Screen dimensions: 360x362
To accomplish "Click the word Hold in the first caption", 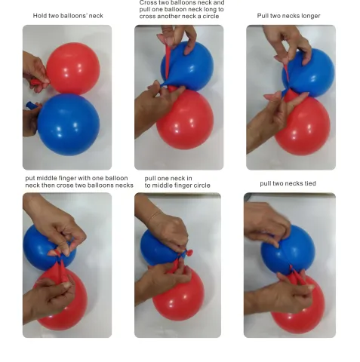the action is point(38,16).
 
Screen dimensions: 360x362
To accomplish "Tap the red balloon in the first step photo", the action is point(73,68).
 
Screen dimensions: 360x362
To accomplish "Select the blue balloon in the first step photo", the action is point(69,124).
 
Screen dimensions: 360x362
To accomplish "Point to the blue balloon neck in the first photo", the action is point(31,105).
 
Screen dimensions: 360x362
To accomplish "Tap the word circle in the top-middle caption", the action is point(211,17).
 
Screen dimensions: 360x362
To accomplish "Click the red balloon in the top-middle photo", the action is point(185,119).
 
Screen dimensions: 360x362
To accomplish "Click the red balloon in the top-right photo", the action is point(303,127).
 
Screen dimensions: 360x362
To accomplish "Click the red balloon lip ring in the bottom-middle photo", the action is point(189,252).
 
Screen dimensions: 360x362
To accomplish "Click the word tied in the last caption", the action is point(310,183).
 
